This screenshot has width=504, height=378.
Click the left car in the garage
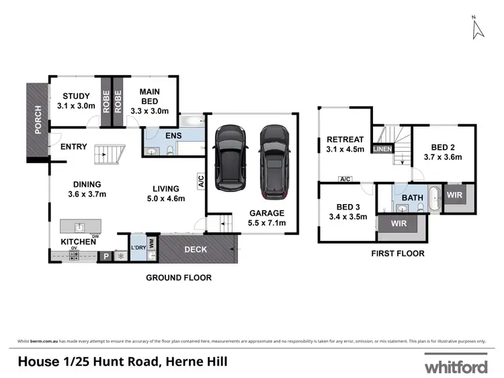tap(228, 158)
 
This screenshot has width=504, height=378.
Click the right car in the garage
tap(274, 161)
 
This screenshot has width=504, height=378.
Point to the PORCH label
tap(38, 119)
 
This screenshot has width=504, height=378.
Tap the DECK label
tap(196, 250)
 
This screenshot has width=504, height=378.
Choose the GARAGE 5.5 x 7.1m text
tap(267, 217)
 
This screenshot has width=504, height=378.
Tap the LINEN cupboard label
tap(382, 148)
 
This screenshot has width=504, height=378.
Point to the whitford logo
tap(455, 367)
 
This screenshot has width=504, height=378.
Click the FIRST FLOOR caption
tap(397, 254)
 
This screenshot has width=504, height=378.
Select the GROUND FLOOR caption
tap(179, 277)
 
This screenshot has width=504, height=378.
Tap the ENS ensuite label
tap(173, 136)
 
